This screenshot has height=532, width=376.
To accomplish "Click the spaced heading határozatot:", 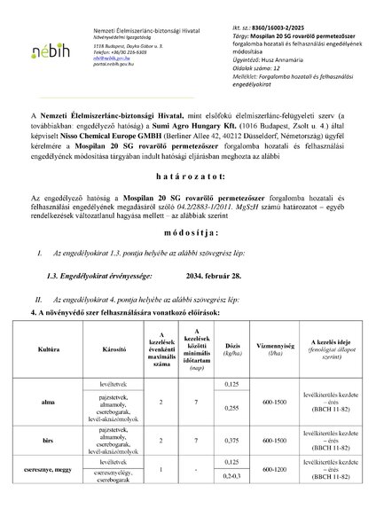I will (x=187, y=202).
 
